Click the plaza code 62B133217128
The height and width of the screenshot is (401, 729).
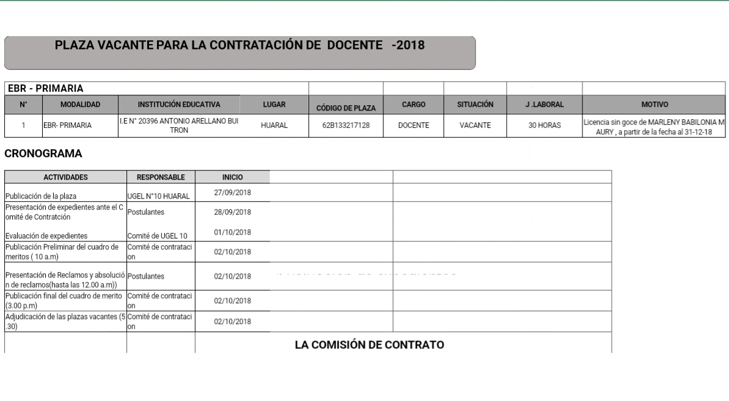tap(346, 126)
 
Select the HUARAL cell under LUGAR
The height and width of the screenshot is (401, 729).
tap(274, 126)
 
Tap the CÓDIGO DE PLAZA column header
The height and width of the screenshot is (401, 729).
tap(346, 108)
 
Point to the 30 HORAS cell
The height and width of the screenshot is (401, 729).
tap(545, 126)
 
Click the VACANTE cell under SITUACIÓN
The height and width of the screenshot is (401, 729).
tap(475, 126)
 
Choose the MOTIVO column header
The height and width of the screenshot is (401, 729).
tap(654, 105)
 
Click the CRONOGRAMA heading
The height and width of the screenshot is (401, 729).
tap(43, 153)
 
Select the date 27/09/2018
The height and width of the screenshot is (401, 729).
tap(233, 193)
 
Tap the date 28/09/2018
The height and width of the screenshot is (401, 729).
tap(233, 213)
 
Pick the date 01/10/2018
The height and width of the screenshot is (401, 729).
tap(233, 232)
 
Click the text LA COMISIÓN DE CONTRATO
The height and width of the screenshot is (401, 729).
tap(369, 345)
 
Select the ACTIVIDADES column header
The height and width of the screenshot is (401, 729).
tap(65, 177)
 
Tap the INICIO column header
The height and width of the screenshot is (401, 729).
tap(233, 177)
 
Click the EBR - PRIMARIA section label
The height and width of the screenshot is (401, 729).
tap(45, 89)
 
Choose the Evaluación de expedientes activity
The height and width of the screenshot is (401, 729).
tap(46, 236)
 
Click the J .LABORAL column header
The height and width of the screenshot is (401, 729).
tap(545, 105)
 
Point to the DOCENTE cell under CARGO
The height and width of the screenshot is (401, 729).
tap(413, 126)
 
